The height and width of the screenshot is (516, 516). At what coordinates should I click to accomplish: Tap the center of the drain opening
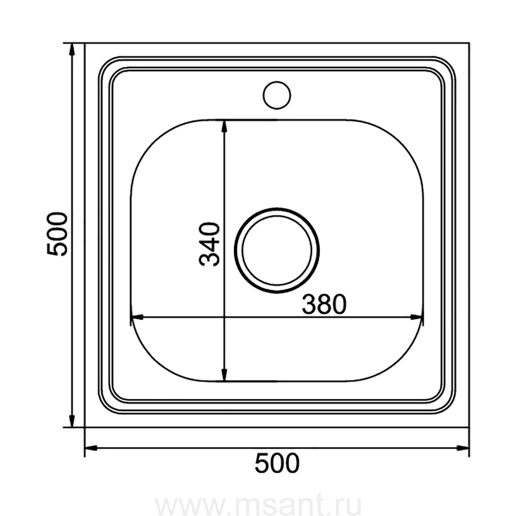277,251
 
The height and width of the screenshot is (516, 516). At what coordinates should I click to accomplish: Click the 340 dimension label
209,244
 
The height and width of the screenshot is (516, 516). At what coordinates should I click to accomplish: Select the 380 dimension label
324,304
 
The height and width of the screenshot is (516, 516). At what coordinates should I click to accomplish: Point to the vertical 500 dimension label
57,234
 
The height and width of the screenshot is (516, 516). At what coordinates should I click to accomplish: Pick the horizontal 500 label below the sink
277,463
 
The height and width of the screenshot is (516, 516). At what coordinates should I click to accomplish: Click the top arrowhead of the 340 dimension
224,127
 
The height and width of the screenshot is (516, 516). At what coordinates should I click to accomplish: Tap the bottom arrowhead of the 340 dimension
224,374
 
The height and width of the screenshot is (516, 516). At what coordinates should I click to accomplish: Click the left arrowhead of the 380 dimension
137,318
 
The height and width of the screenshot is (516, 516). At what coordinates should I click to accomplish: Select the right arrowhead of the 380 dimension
416,318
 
